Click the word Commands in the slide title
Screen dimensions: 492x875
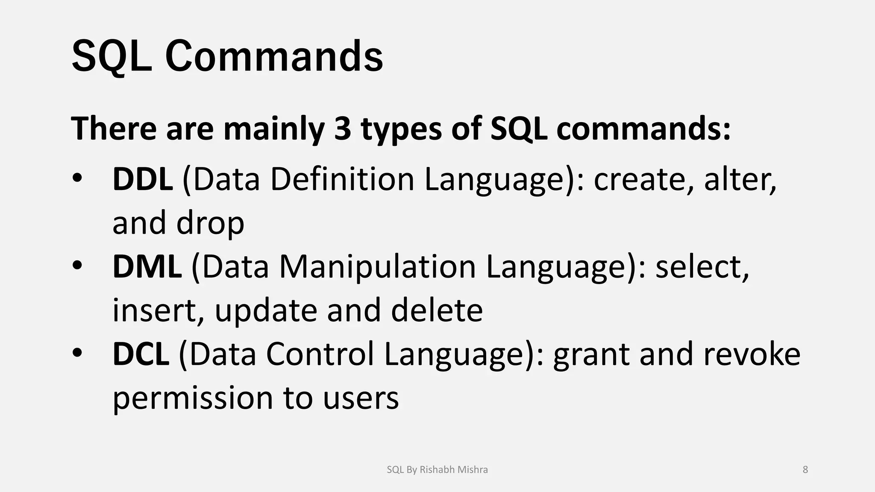coord(274,57)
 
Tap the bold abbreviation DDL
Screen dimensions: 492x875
coord(142,179)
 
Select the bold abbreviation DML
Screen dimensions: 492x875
coord(147,267)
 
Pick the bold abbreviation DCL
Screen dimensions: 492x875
coord(141,354)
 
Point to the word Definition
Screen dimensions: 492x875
coord(342,179)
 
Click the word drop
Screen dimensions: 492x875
coord(210,223)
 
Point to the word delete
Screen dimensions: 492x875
coord(437,310)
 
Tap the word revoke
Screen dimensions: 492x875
coord(752,354)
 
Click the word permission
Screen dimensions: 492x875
coord(192,398)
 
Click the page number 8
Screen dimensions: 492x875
coord(805,470)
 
